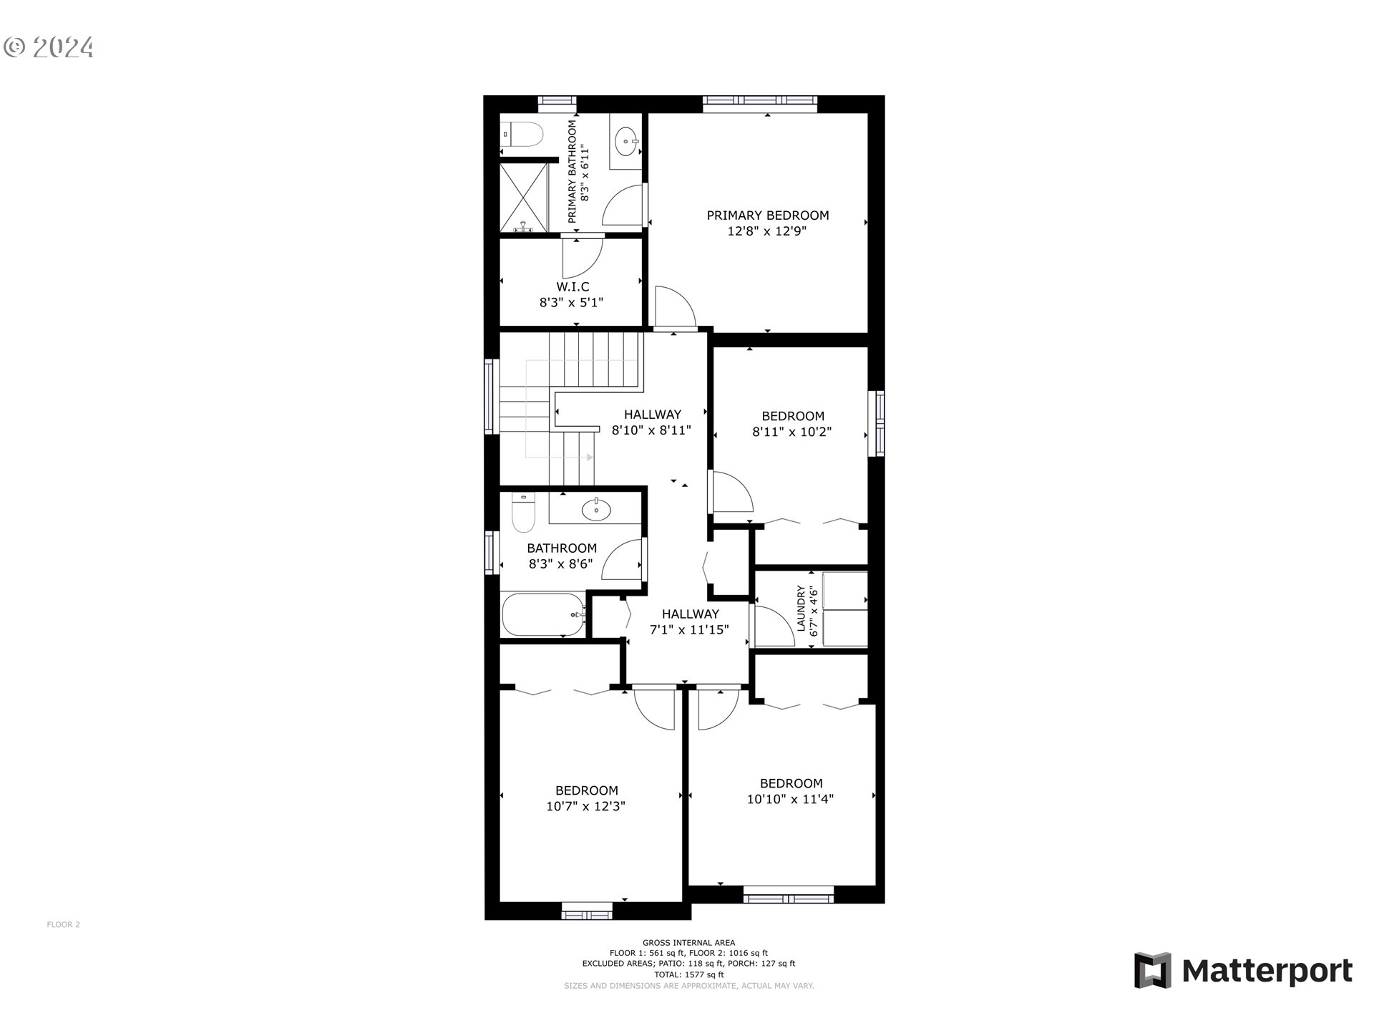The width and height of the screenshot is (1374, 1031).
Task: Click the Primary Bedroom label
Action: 767,215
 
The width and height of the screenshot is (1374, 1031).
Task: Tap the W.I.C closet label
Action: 572,287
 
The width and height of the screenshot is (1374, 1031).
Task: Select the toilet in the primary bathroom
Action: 523,135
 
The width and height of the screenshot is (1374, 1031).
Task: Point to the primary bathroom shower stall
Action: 523,198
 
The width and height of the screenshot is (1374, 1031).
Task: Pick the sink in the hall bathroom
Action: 595,510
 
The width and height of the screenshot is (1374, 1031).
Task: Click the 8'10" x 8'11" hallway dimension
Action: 651,431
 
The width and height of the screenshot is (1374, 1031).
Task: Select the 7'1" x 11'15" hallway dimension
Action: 689,630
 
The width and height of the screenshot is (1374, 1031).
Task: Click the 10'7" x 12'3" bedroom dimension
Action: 586,806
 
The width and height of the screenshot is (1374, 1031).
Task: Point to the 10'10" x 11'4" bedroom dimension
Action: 790,799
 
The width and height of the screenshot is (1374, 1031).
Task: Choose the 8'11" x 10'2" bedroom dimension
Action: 791,432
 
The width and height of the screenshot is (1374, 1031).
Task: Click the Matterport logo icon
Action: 1152,970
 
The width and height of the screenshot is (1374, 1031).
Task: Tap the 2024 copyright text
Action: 49,47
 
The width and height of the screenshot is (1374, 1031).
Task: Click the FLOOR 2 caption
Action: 63,924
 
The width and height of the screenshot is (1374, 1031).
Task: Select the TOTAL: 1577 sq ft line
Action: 688,974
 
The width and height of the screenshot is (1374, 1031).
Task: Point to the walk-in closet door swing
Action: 581,258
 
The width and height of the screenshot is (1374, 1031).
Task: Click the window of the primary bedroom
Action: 759,104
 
